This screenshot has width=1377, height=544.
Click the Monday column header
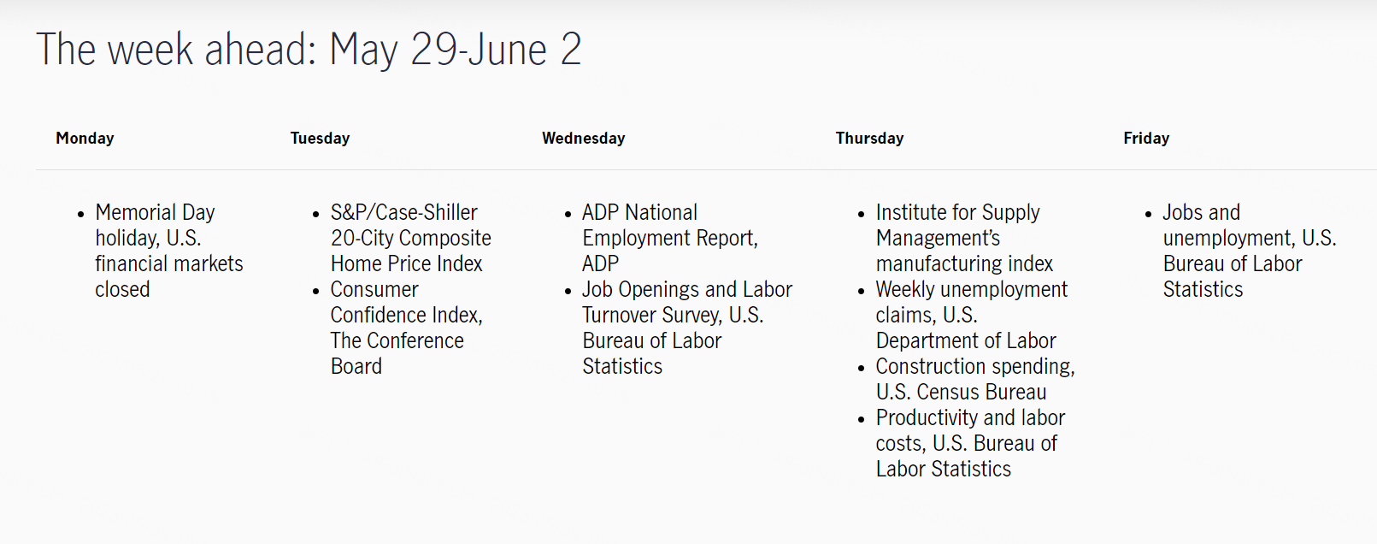85,139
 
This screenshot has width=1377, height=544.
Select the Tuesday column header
320,139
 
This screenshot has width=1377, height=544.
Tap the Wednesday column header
584,139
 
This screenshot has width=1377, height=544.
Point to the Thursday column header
869,139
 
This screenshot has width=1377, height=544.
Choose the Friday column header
1146,139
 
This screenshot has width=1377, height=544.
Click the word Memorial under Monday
135,212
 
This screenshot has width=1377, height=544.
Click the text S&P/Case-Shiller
404,212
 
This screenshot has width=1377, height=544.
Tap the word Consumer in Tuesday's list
374,289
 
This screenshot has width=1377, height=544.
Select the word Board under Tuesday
356,366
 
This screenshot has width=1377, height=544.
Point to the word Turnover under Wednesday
619,315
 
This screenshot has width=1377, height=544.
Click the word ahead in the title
261,50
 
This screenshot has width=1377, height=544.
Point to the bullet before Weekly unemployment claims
861,291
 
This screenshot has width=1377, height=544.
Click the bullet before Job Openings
568,291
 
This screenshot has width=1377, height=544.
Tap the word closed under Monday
122,289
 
